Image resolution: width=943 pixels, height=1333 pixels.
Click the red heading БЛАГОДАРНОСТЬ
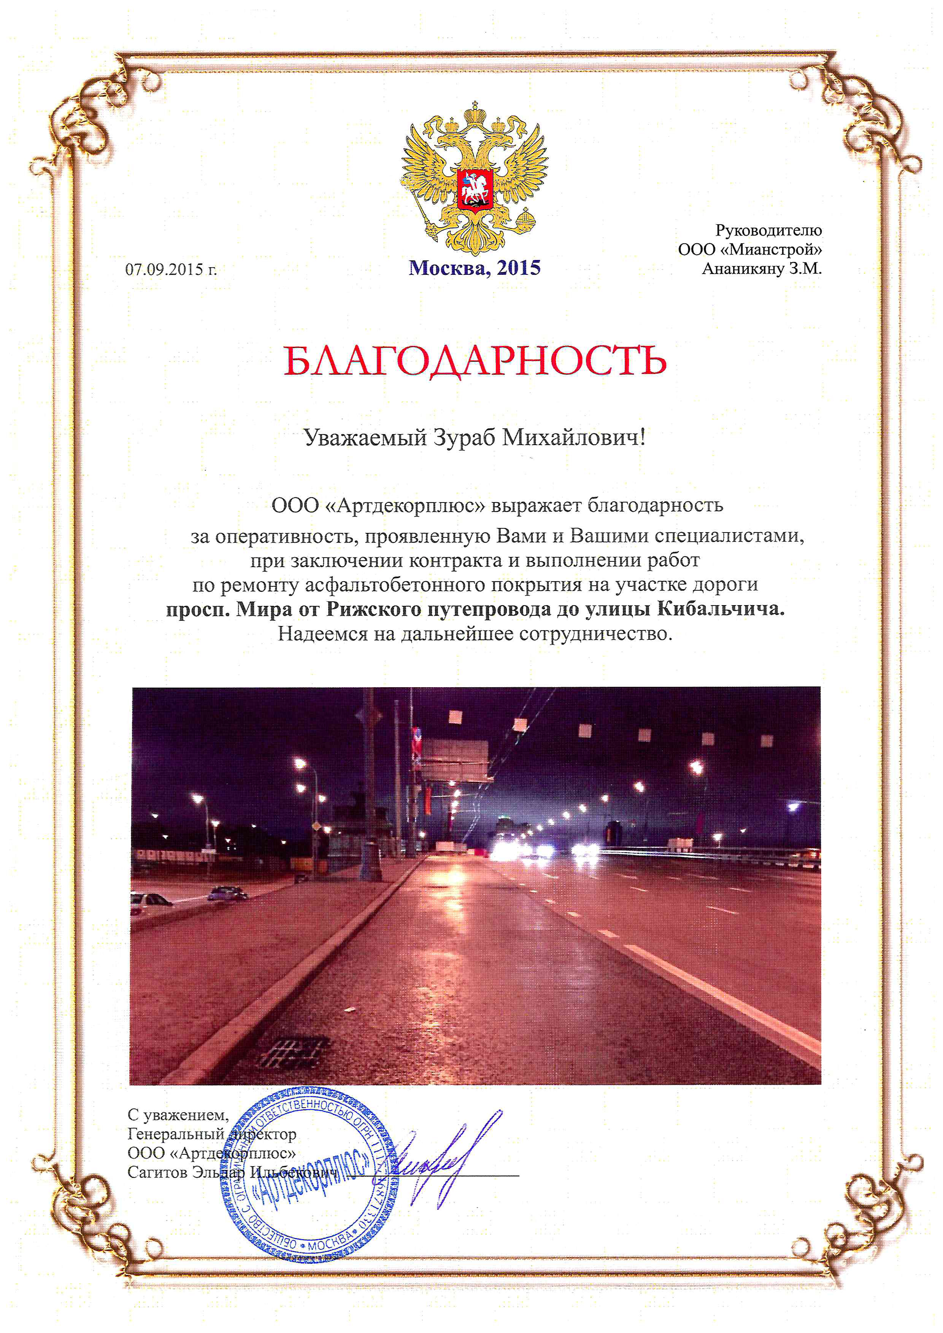click(x=475, y=361)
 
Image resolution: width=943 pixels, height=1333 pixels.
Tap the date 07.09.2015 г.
click(x=171, y=269)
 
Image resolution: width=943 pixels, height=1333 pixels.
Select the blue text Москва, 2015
click(x=475, y=268)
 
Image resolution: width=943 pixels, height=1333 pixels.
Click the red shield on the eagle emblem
click(x=475, y=189)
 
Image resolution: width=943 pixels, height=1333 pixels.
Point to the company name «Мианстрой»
click(x=775, y=250)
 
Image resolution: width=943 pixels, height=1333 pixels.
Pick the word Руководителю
click(x=768, y=230)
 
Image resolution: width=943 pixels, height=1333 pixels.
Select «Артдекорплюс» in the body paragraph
click(x=404, y=506)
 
